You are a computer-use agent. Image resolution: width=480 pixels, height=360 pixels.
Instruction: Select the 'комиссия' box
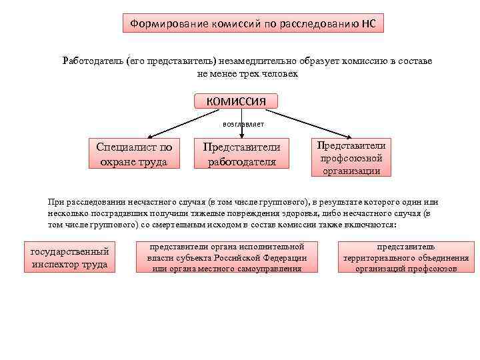point(236,101)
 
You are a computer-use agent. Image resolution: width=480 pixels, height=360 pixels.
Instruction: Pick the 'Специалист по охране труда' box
point(134,154)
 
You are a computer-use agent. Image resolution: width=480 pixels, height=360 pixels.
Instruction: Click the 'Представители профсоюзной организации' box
point(351,157)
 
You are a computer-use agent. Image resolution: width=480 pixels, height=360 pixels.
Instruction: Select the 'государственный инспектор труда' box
point(69,257)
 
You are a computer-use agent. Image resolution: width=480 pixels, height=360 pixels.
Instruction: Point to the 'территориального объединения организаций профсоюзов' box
point(406,257)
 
